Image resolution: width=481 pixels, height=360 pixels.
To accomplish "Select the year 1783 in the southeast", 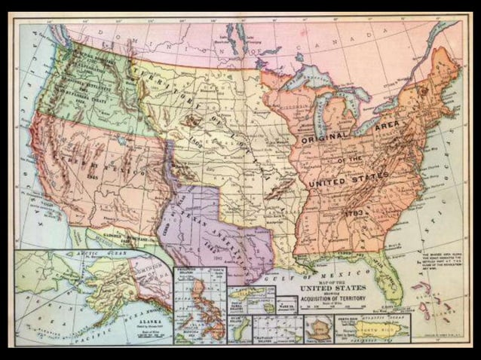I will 355,214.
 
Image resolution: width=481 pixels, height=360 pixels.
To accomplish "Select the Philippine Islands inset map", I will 199,304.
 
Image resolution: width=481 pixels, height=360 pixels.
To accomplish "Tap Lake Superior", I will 308,76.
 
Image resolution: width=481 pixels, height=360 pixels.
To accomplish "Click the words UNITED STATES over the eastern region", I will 348,179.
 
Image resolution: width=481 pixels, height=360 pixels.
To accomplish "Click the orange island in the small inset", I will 317,328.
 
